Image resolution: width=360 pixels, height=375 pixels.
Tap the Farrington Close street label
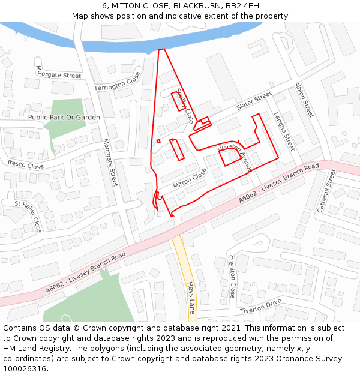click(118, 83)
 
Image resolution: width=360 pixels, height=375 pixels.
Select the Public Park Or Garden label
click(64, 118)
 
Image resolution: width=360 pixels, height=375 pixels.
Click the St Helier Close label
click(28, 217)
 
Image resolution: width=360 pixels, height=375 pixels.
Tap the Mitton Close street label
click(190, 178)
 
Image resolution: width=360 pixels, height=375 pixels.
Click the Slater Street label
click(254, 101)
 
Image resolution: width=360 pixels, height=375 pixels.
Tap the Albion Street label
click(304, 100)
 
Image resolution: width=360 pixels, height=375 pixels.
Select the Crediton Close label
click(232, 277)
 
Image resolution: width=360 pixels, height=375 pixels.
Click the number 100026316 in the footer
click(25, 369)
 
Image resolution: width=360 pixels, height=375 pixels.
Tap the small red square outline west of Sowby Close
click(158, 141)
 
